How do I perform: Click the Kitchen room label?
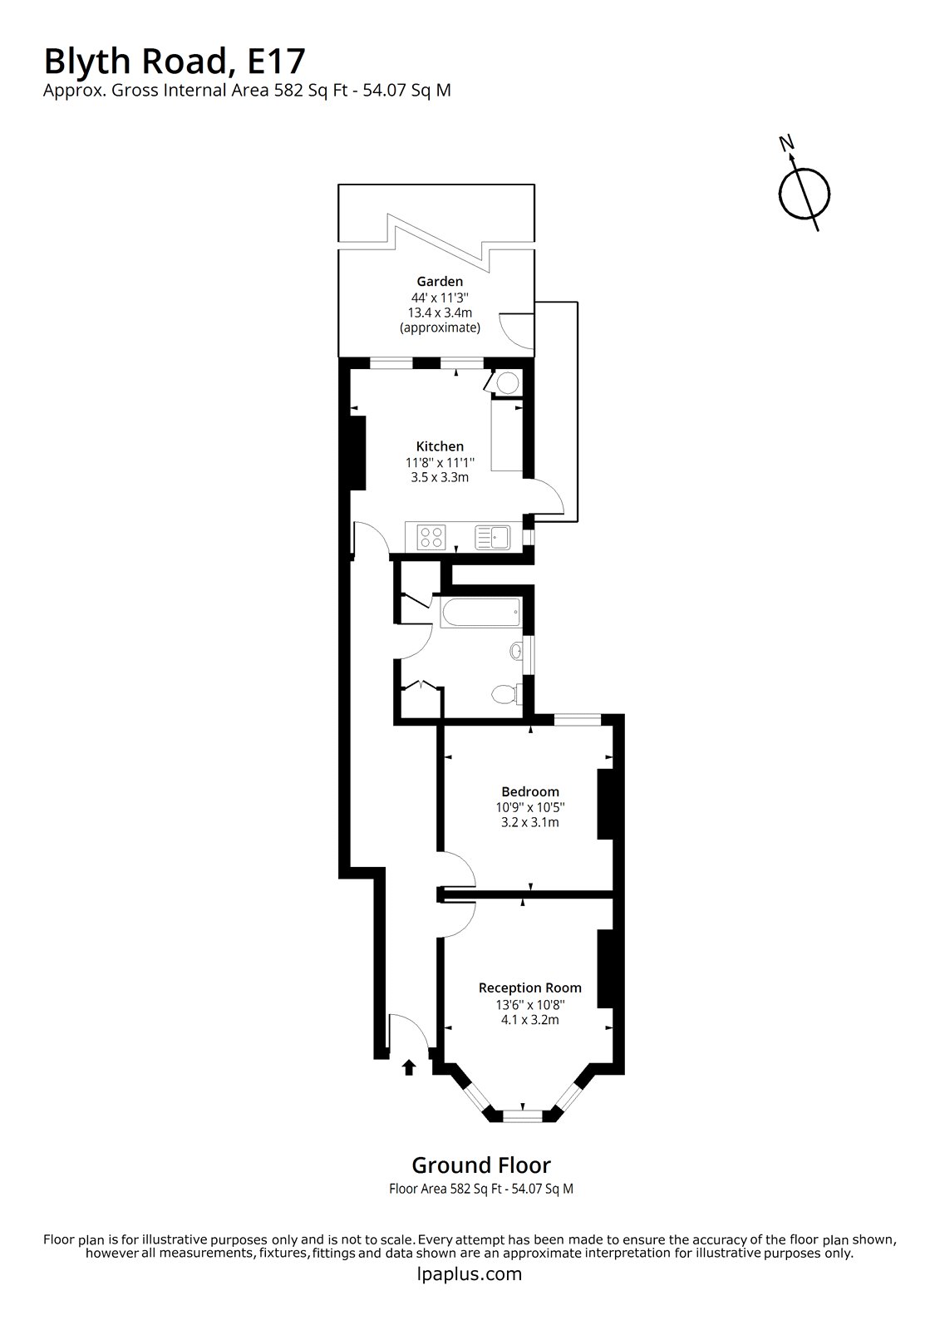pyautogui.click(x=440, y=446)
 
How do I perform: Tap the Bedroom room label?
pyautogui.click(x=529, y=791)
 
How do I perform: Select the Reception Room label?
pyautogui.click(x=529, y=988)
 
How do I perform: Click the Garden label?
pyautogui.click(x=440, y=282)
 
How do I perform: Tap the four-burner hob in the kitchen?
pyautogui.click(x=431, y=537)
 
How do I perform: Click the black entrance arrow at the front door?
pyautogui.click(x=408, y=1067)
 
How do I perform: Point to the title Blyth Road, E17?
pyautogui.click(x=175, y=61)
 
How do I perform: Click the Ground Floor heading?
pyautogui.click(x=481, y=1165)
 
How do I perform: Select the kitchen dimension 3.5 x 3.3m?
pyautogui.click(x=440, y=477)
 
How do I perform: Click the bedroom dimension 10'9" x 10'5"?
pyautogui.click(x=529, y=807)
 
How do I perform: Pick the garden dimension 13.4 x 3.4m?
pyautogui.click(x=440, y=313)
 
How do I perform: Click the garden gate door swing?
pyautogui.click(x=515, y=328)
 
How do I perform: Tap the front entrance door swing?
pyautogui.click(x=408, y=1032)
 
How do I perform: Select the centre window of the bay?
pyautogui.click(x=523, y=1116)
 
